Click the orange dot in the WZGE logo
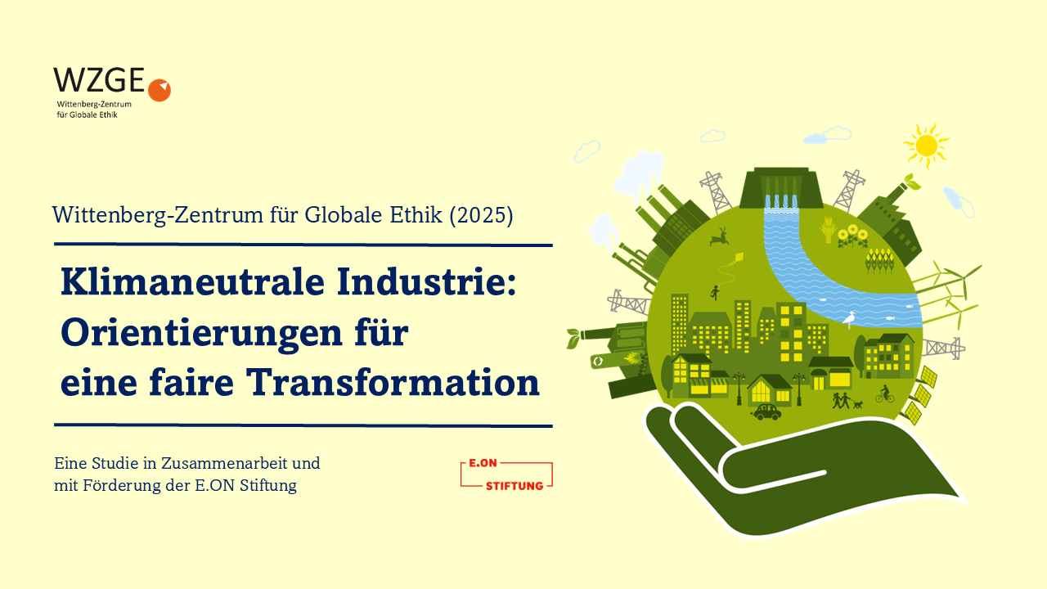[x=160, y=90]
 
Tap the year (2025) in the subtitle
[x=481, y=215]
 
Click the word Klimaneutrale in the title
[x=192, y=282]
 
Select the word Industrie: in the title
[x=427, y=282]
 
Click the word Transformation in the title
[x=393, y=383]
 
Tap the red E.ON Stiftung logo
[x=506, y=475]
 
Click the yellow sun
[x=926, y=146]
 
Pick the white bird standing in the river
[x=849, y=319]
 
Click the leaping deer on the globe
[x=720, y=237]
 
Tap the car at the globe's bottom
[x=766, y=411]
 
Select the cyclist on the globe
[x=884, y=394]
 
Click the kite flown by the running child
[x=739, y=258]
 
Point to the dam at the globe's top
[x=781, y=188]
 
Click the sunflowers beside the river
[x=852, y=236]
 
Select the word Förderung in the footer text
[x=122, y=486]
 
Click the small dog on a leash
[x=858, y=404]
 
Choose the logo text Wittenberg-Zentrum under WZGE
[x=94, y=104]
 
